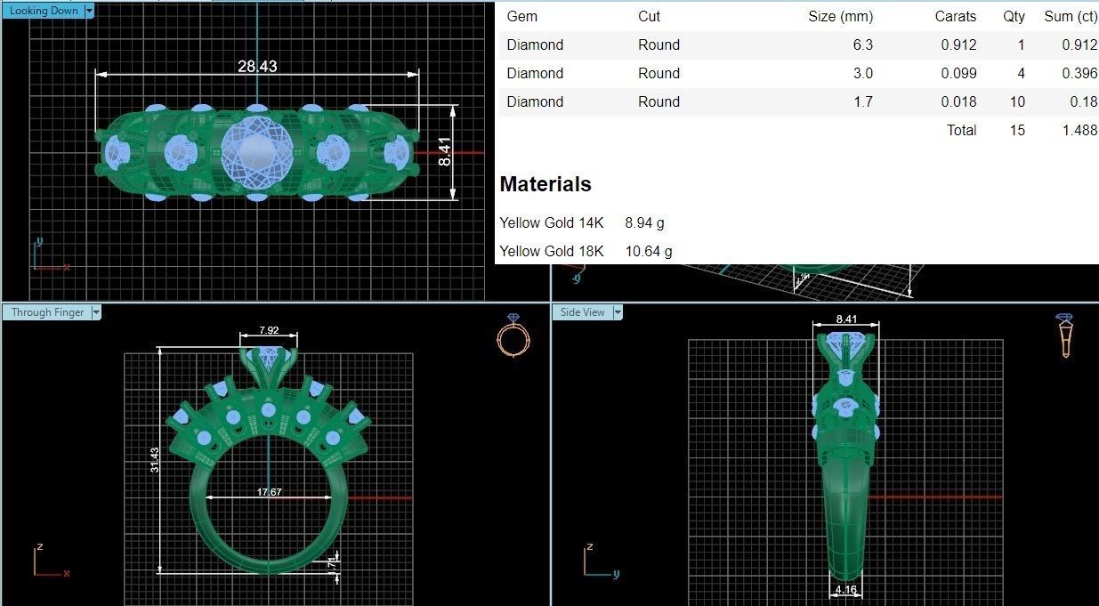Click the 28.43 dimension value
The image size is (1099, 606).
[256, 66]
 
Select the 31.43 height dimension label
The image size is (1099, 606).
[155, 459]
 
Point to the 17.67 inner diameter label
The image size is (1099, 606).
[269, 492]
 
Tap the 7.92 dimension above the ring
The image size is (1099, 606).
[269, 330]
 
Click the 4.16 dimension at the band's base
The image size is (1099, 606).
[847, 589]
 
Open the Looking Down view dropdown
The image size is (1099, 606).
[89, 11]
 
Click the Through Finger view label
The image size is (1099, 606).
[47, 312]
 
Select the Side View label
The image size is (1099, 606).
[582, 312]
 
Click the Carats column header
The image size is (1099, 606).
[955, 16]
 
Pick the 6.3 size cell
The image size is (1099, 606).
[862, 44]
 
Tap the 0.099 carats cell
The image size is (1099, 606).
[958, 73]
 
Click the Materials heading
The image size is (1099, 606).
[545, 184]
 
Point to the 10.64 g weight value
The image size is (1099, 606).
[649, 251]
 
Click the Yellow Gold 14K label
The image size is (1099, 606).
[552, 222]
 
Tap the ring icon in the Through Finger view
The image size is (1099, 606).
[513, 335]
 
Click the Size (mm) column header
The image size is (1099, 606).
[840, 16]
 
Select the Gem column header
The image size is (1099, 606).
[521, 16]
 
